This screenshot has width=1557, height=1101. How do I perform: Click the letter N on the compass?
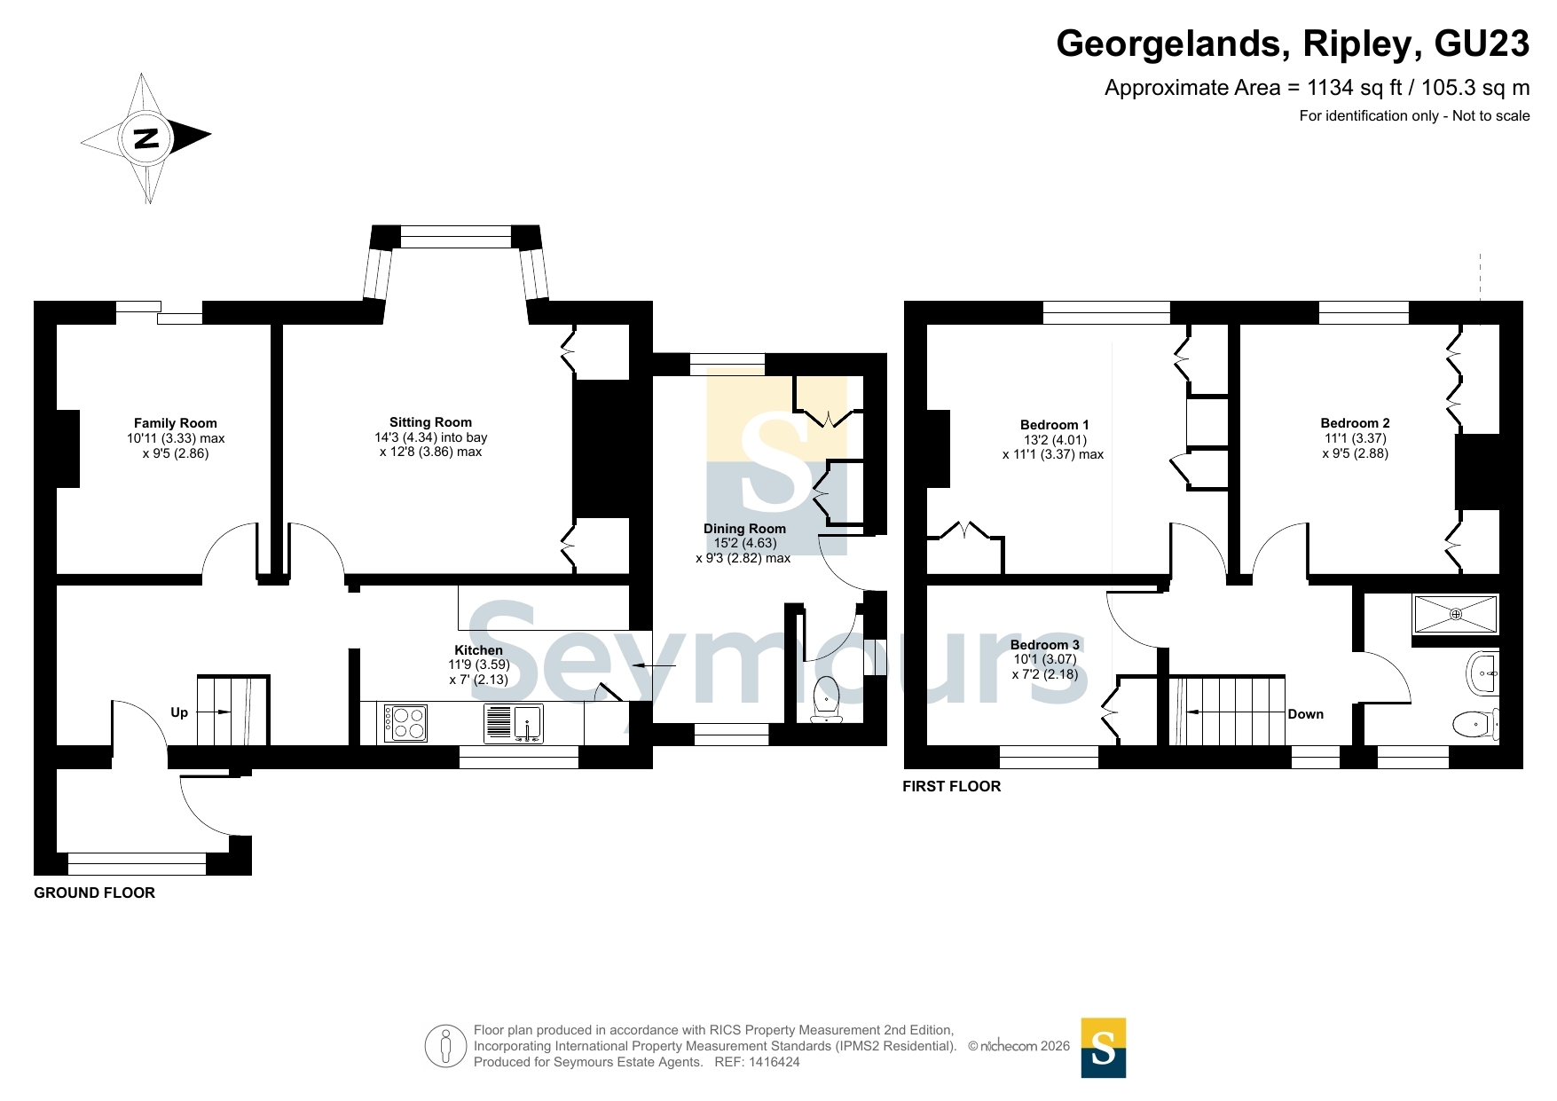coord(146,138)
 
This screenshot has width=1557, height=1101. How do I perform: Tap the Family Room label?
coord(176,423)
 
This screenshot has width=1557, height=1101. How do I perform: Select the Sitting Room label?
coord(430,422)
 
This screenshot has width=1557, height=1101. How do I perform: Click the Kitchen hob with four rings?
coord(405,722)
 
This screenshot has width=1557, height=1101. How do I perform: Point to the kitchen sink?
coord(514,723)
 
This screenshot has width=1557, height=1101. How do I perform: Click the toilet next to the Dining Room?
coord(827,699)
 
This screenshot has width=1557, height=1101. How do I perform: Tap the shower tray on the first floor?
coord(1456,614)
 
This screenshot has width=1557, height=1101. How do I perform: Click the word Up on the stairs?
coord(179,712)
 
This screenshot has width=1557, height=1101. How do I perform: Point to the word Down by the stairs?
coord(1305,714)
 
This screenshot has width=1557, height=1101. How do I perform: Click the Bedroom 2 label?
coord(1355,423)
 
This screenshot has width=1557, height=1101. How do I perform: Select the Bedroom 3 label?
coord(1045,645)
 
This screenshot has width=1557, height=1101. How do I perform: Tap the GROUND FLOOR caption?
coord(95,893)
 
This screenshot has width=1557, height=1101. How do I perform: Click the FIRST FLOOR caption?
coord(952,786)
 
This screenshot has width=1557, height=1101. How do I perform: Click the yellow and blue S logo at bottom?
coord(1104,1048)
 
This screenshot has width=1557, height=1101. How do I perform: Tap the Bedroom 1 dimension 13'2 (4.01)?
coord(1055,440)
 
